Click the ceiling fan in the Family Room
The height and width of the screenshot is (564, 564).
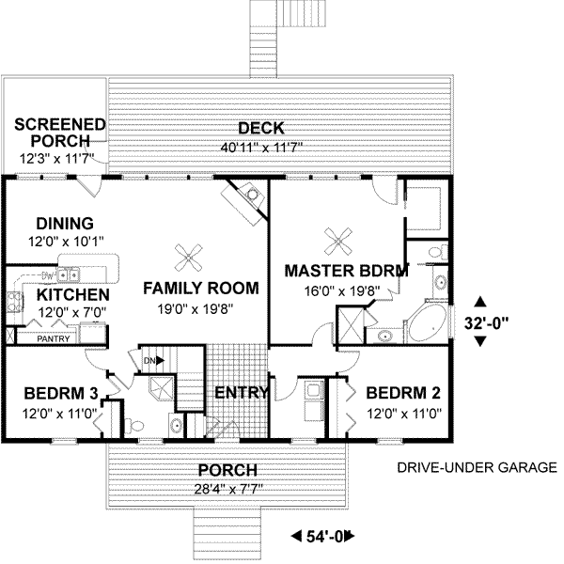(188, 258)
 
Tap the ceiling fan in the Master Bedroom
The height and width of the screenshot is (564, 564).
(338, 242)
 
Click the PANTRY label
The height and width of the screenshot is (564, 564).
(54, 338)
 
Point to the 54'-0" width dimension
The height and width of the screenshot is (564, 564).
(323, 537)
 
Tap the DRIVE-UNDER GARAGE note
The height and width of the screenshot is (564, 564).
(477, 467)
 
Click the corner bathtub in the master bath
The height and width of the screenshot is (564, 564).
(428, 323)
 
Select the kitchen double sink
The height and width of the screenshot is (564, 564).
(69, 275)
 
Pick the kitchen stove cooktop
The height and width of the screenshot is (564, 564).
(15, 301)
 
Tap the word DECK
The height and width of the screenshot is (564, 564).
(261, 129)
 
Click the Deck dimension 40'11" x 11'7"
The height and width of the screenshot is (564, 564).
(261, 148)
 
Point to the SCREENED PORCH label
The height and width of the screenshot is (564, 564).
(60, 133)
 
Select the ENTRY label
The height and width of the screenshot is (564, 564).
(242, 392)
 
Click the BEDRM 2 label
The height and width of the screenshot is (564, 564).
(403, 393)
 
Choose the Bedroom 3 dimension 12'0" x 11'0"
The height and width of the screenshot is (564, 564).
(59, 414)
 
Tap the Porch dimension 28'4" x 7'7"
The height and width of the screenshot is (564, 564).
(228, 489)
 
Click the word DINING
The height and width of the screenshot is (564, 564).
(65, 224)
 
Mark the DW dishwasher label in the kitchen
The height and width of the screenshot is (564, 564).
(47, 276)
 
